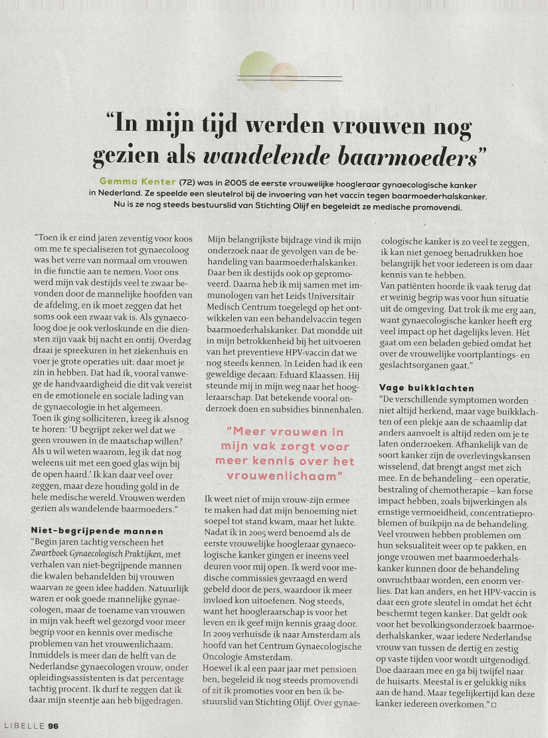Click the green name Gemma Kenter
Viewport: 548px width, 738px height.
pyautogui.click(x=138, y=182)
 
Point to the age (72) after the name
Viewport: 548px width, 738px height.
pyautogui.click(x=190, y=182)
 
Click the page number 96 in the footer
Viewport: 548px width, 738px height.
pyautogui.click(x=52, y=726)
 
